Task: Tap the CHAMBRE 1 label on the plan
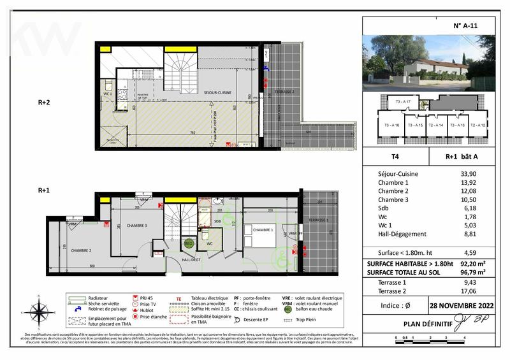pos(263,230)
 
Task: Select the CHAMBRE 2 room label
pos(81,250)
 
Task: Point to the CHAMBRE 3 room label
pos(137,226)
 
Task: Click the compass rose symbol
pos(40,312)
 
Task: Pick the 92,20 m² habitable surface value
pos(471,263)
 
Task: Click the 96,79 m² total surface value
pos(471,272)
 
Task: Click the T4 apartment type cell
pos(385,153)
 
